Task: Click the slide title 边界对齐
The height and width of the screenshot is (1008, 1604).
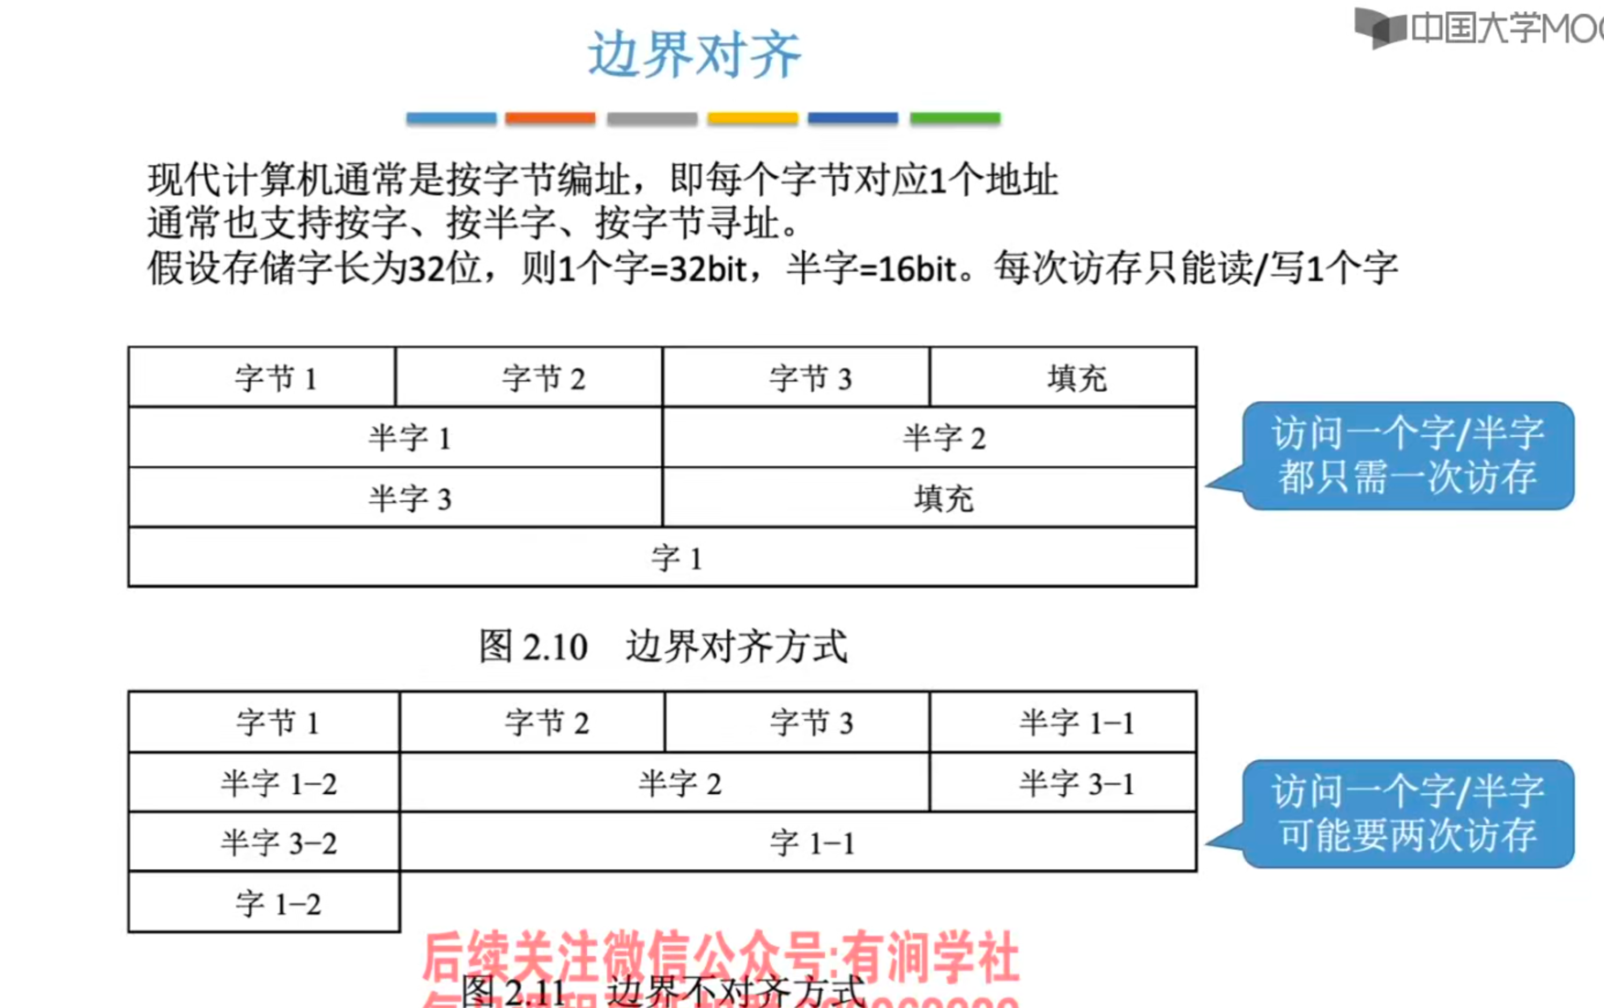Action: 694,55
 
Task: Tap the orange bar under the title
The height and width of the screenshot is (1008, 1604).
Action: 550,118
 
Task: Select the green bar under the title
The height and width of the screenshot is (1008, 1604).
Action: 955,118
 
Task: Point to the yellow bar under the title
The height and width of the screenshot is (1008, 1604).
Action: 753,118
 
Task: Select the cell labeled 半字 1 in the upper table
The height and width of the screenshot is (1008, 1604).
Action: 396,437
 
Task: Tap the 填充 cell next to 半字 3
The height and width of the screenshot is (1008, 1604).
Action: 930,498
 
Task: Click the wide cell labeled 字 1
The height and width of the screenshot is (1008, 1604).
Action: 663,558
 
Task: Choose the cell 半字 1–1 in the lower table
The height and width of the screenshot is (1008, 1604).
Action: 1063,722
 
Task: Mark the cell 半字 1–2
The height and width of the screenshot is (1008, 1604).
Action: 265,782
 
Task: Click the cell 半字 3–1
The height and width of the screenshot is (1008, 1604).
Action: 1063,782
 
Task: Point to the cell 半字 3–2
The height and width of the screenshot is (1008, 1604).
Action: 265,842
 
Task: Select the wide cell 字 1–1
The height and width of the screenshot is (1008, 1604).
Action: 798,842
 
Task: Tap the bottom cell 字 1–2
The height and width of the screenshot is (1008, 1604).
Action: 265,903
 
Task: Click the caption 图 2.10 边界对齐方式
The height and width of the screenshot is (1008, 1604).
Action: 663,646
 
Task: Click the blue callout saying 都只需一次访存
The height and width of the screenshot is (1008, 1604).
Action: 1408,455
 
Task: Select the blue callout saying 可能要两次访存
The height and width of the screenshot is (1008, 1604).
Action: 1408,813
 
